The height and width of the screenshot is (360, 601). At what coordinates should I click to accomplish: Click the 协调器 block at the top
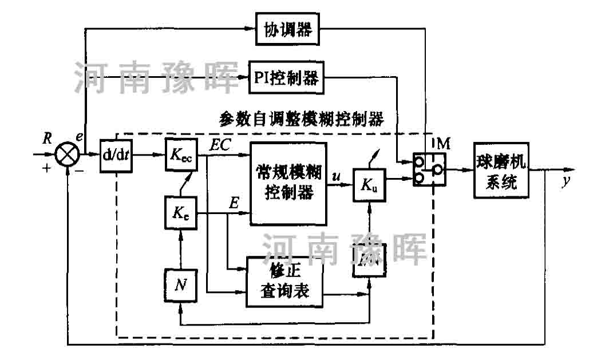point(287,29)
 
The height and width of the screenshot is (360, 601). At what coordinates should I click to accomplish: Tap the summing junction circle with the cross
point(68,154)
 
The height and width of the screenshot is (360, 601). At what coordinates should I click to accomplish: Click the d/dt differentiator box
point(116,155)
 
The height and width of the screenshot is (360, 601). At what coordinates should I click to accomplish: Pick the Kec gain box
point(180,154)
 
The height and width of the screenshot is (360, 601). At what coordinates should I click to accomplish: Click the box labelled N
point(180,284)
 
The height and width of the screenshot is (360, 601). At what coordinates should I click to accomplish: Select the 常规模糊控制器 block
point(288,183)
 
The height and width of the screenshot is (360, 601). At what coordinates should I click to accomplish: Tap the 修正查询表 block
point(284,280)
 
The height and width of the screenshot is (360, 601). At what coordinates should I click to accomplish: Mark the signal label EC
point(220,145)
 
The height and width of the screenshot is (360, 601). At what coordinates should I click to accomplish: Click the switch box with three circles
point(430,169)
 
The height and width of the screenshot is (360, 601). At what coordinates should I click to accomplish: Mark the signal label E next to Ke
point(234,203)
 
